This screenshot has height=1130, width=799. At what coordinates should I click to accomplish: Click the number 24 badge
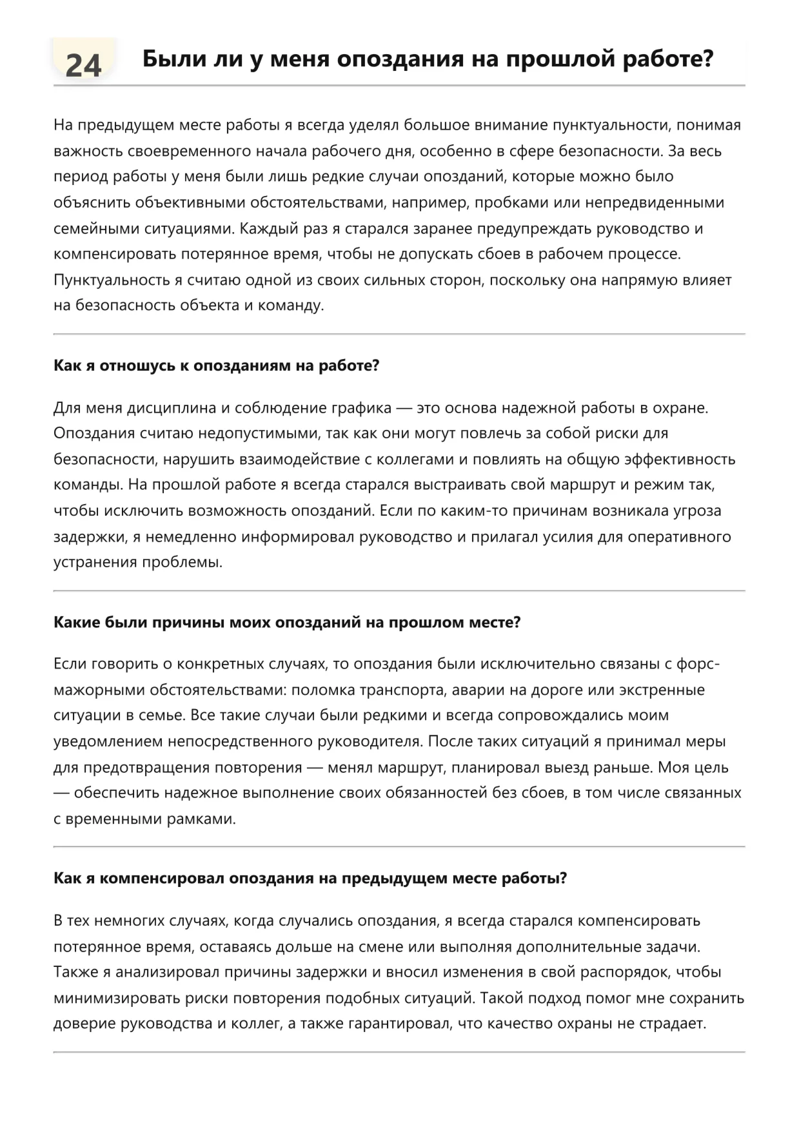click(83, 65)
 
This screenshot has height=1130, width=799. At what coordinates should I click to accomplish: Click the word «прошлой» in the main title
click(559, 59)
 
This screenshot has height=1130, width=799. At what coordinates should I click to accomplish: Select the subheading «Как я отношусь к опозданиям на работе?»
click(216, 366)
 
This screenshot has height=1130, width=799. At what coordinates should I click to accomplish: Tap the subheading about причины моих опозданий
click(286, 623)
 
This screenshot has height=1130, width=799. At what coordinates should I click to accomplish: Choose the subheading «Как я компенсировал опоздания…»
click(310, 879)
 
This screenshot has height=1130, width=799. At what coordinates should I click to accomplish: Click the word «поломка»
click(322, 690)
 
